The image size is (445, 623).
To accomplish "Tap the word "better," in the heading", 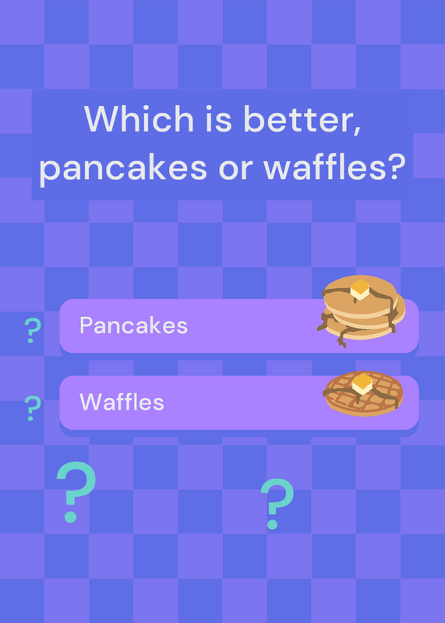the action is [x=302, y=120].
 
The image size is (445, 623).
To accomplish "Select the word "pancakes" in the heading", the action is [x=123, y=168].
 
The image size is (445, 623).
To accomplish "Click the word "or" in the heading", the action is [x=235, y=169].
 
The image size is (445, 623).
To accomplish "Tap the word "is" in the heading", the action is [x=218, y=118].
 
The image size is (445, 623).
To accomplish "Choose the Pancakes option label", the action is [x=133, y=326].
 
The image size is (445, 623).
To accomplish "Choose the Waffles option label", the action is [x=122, y=402].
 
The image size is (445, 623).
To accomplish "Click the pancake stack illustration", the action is [x=361, y=311].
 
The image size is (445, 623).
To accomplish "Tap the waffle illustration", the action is [x=363, y=393].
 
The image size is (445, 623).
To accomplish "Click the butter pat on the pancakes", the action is [x=360, y=289].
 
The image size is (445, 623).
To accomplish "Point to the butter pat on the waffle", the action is [x=362, y=383].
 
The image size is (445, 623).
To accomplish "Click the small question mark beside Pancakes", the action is [x=33, y=330].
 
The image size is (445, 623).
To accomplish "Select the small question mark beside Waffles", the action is [x=33, y=408].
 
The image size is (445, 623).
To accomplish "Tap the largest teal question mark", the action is [x=76, y=492].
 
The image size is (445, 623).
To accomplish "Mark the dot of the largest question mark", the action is [x=70, y=516].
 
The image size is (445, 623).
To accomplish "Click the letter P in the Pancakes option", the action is [x=86, y=325].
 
